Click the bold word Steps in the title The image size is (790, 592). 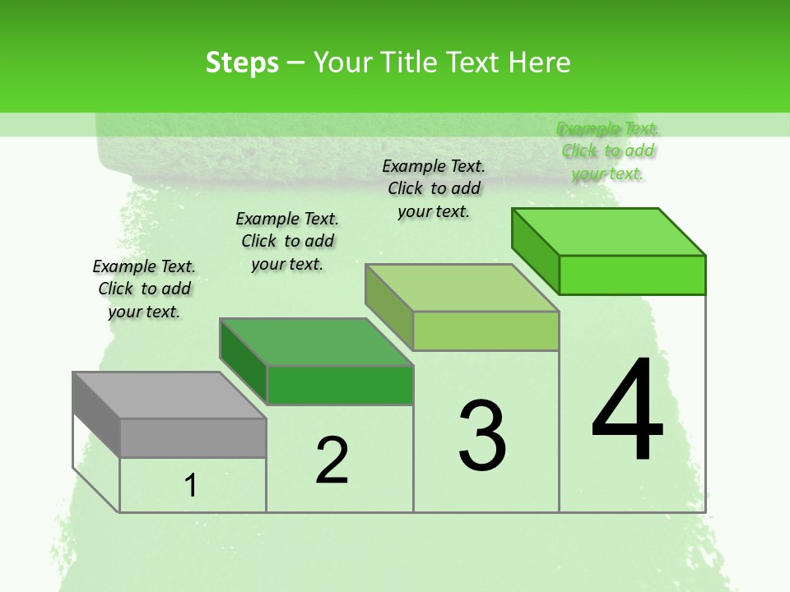[x=242, y=62]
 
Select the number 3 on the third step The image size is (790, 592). [x=482, y=436]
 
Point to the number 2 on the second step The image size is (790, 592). [x=332, y=460]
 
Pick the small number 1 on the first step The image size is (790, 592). [x=191, y=486]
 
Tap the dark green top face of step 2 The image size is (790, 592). [x=316, y=342]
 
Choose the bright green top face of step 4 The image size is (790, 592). [x=609, y=232]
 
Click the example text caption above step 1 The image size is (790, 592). [x=144, y=289]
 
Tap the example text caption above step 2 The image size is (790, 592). [x=287, y=241]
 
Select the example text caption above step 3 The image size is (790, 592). [x=434, y=188]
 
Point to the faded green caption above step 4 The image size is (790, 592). [x=607, y=151]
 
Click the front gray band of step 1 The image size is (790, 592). [x=193, y=437]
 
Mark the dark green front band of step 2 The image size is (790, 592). [x=339, y=385]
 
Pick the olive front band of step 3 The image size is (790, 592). [x=486, y=331]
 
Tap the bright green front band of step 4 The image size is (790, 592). [x=632, y=275]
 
